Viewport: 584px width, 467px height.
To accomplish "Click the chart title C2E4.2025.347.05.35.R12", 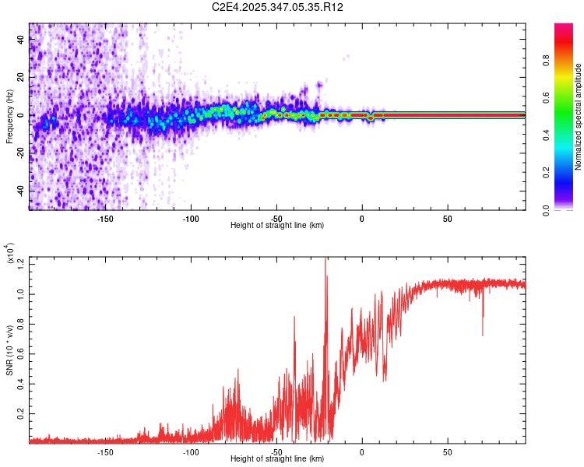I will click(278, 7).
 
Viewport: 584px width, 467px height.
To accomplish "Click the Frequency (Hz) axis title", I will click(9, 117).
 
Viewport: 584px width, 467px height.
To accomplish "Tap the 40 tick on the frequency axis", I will click(20, 40).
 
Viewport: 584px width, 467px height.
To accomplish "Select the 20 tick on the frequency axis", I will click(20, 78).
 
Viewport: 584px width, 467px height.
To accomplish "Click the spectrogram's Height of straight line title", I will click(277, 225).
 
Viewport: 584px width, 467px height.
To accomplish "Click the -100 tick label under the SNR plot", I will click(191, 451).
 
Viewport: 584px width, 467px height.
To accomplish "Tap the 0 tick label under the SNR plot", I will click(361, 451).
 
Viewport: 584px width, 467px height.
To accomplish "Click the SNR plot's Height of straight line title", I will click(277, 459).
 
